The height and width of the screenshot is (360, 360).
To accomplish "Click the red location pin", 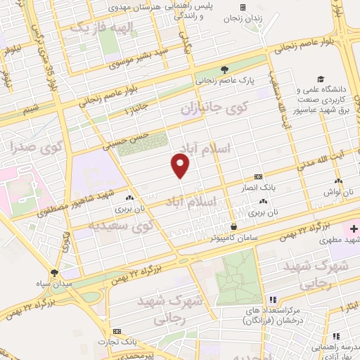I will pos(181,166).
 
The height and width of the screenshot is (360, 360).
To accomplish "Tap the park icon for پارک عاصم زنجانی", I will pos(224,70).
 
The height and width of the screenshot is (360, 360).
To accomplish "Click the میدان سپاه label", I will pos(56,283).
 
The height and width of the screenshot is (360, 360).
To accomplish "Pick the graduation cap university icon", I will pos(321,79).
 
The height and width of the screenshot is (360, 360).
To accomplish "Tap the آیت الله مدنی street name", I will pos(321,162).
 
